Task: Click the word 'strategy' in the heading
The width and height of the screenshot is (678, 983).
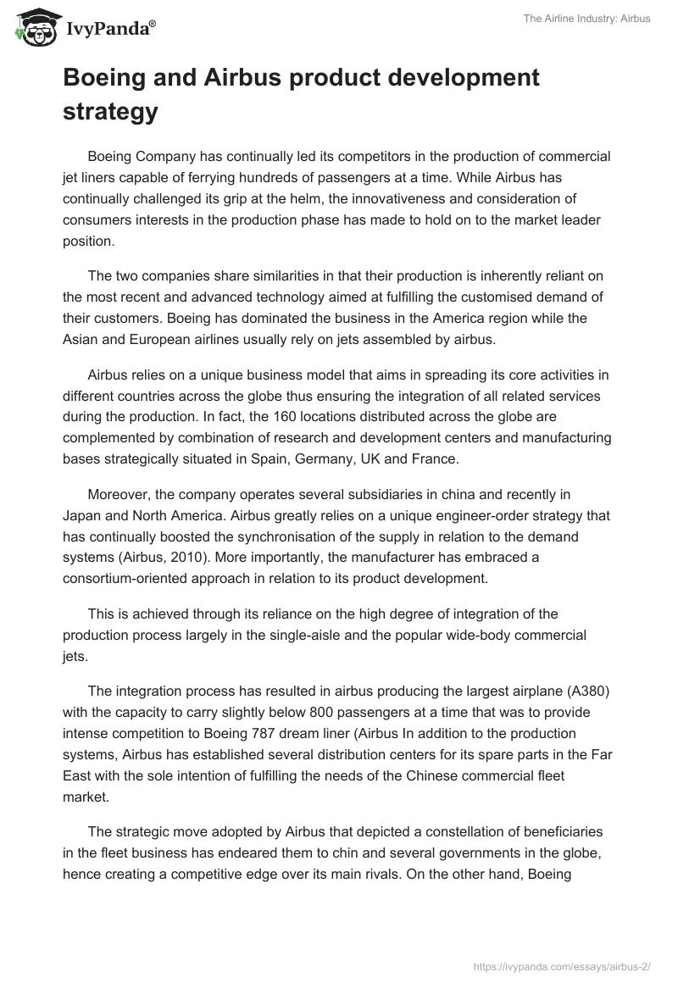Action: pos(110,111)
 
